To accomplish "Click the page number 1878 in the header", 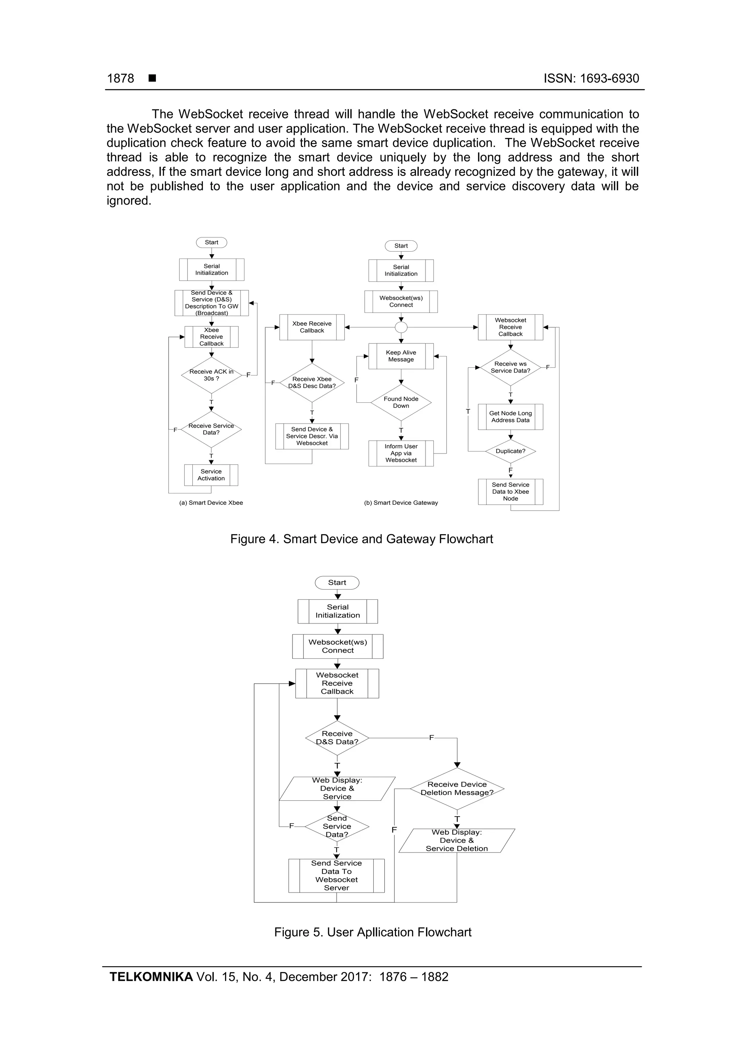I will pos(121,79).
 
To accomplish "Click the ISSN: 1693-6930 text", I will pos(591,79).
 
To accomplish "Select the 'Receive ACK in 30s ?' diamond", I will pos(211,375).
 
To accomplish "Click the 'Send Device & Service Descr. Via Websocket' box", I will pos(312,436).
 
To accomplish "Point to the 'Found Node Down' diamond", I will pos(401,402).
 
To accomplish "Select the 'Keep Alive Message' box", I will pos(401,356).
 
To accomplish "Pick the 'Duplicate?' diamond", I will pos(510,451).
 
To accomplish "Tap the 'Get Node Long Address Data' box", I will pos(510,417).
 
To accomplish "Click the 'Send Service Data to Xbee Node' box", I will pos(510,492).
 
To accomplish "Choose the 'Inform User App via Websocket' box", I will pos(401,453).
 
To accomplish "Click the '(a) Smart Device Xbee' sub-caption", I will pos(211,503).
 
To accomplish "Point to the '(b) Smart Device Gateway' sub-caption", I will pos(401,503).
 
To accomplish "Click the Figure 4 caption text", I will pos(361,539).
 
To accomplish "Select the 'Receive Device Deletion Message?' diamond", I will pos(457,788).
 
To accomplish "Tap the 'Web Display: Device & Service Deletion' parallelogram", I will pos(456,841).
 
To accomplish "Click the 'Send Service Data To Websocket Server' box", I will pos(337,875).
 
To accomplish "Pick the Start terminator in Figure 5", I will pos(337,583).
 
